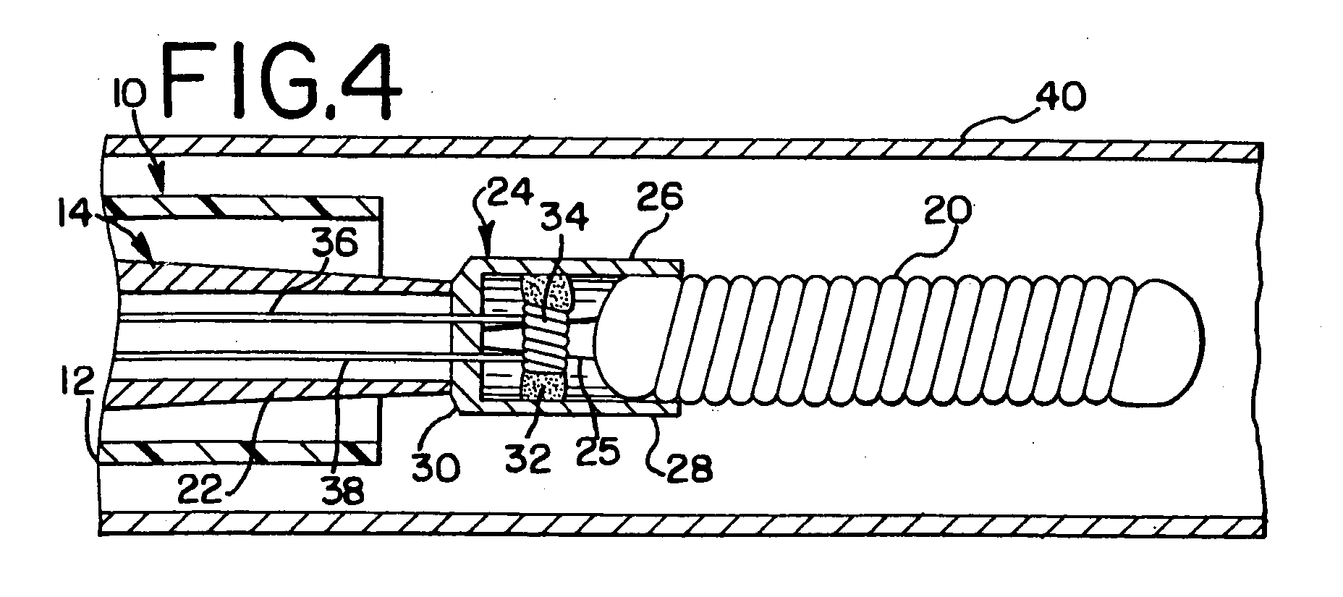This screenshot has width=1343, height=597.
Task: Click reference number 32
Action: [x=529, y=458]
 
